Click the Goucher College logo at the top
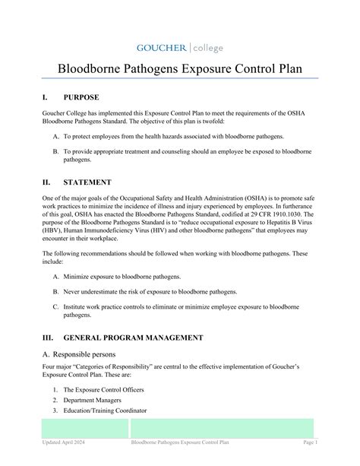(x=179, y=48)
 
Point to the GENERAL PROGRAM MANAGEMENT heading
(x=133, y=337)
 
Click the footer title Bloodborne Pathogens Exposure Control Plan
(x=180, y=442)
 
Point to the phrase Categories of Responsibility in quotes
(x=115, y=367)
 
